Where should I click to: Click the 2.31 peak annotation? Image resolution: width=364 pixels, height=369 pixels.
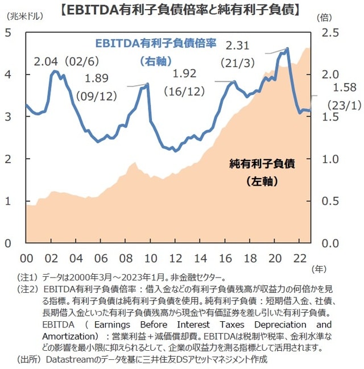238,44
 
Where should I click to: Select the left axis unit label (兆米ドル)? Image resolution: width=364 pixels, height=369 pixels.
23,18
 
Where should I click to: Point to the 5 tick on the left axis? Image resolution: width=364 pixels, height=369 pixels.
9,32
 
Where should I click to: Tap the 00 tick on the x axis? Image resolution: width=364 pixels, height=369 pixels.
26,257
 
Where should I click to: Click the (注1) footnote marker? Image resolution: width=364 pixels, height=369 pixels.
28,277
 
